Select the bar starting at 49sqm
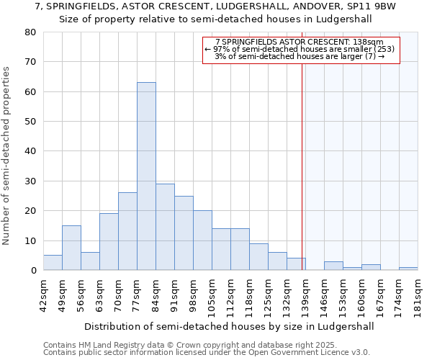click(71, 248)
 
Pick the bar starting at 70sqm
click(127, 231)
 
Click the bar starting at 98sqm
click(202, 240)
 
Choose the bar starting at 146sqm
click(333, 266)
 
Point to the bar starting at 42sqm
click(53, 263)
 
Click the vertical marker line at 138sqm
click(302, 166)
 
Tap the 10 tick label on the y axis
click(32, 240)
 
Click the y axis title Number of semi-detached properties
click(7, 156)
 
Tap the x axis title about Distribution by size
click(229, 326)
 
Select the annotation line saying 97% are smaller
click(300, 49)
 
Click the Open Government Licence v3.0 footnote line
click(207, 352)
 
